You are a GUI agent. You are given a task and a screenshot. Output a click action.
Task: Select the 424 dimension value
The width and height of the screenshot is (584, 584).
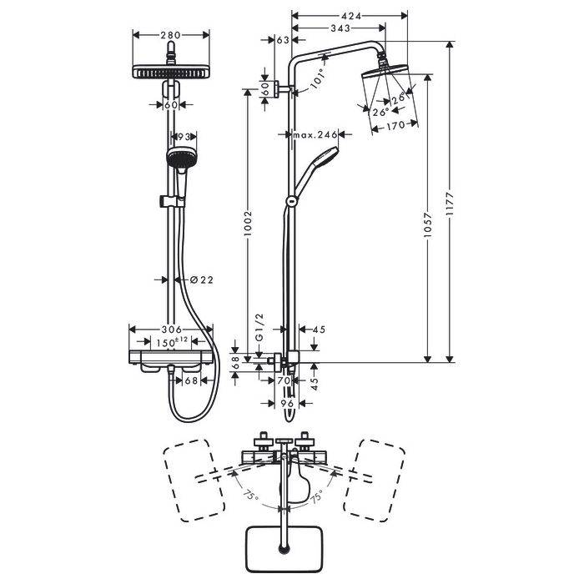351,14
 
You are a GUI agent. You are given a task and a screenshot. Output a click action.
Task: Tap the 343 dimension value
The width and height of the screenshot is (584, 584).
340,29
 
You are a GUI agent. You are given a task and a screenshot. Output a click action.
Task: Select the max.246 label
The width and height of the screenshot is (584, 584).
315,134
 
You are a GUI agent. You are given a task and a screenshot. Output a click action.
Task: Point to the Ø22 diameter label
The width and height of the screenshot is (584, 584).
197,279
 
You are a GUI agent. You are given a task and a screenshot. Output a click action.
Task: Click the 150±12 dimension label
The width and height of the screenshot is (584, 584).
171,342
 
